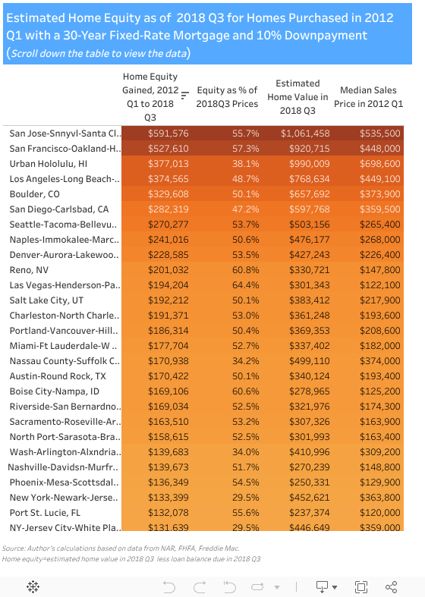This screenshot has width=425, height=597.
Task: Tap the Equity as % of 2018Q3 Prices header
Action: pyautogui.click(x=228, y=96)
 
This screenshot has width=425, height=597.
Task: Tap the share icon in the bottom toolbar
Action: pyautogui.click(x=392, y=586)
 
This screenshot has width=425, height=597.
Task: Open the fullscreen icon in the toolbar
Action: pyautogui.click(x=361, y=586)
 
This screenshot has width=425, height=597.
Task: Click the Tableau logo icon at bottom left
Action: pyautogui.click(x=33, y=586)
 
